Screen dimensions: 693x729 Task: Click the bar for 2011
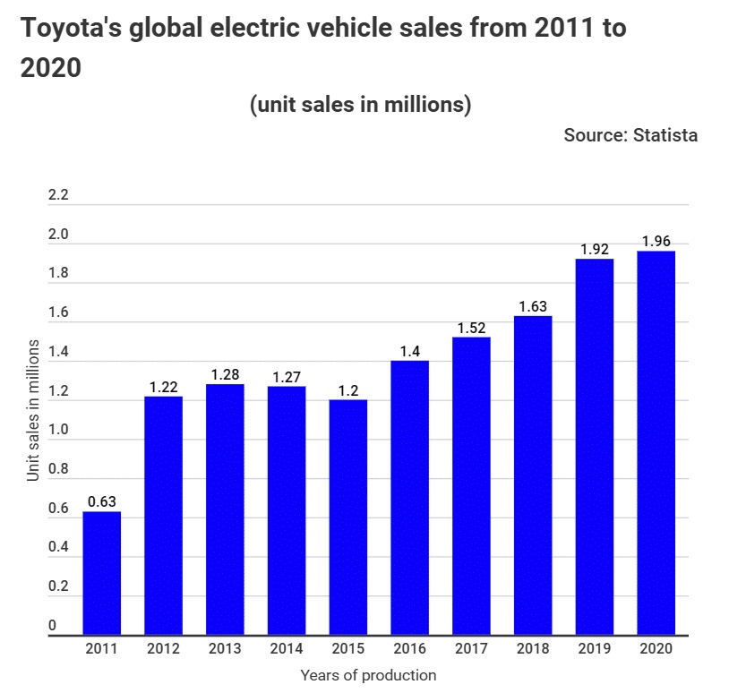point(102,574)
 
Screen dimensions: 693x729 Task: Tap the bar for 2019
point(595,448)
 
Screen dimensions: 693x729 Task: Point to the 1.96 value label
point(656,241)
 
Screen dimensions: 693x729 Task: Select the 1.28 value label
point(225,374)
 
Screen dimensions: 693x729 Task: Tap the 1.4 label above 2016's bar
point(410,351)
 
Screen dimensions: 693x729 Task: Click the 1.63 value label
point(533,306)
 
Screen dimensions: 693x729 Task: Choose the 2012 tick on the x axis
point(164,648)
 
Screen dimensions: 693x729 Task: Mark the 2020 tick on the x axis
point(656,648)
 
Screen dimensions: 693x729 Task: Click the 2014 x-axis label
point(287,648)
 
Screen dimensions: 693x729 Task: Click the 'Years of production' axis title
point(368,675)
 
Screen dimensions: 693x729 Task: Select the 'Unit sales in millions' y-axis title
point(33,410)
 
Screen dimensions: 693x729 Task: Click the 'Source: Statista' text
point(630,135)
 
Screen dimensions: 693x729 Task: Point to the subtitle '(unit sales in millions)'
point(360,105)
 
